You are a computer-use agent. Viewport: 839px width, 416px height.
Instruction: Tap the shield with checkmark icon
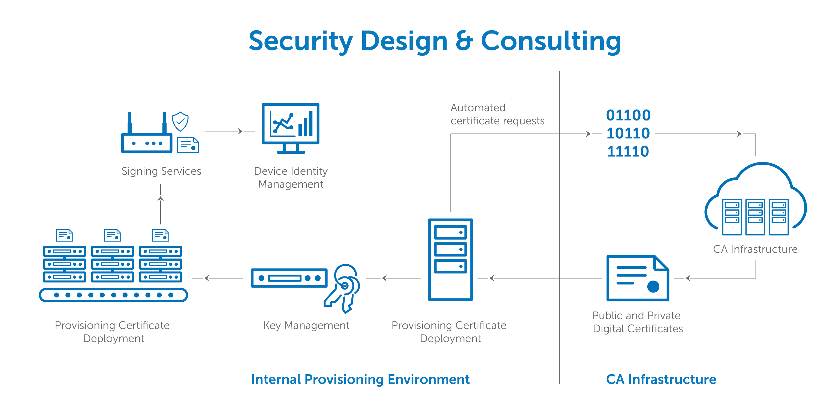[x=180, y=122]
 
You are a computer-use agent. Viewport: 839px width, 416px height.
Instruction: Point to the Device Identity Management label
[x=291, y=177]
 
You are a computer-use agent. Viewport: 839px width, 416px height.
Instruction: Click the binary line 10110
[x=628, y=133]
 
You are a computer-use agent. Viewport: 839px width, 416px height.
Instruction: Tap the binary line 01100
[x=628, y=115]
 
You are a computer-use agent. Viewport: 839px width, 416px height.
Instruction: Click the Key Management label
[x=306, y=325]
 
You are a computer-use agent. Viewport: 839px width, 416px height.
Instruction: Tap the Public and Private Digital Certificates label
[x=637, y=322]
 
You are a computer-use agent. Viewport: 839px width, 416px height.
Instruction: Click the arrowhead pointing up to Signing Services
[x=161, y=198]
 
